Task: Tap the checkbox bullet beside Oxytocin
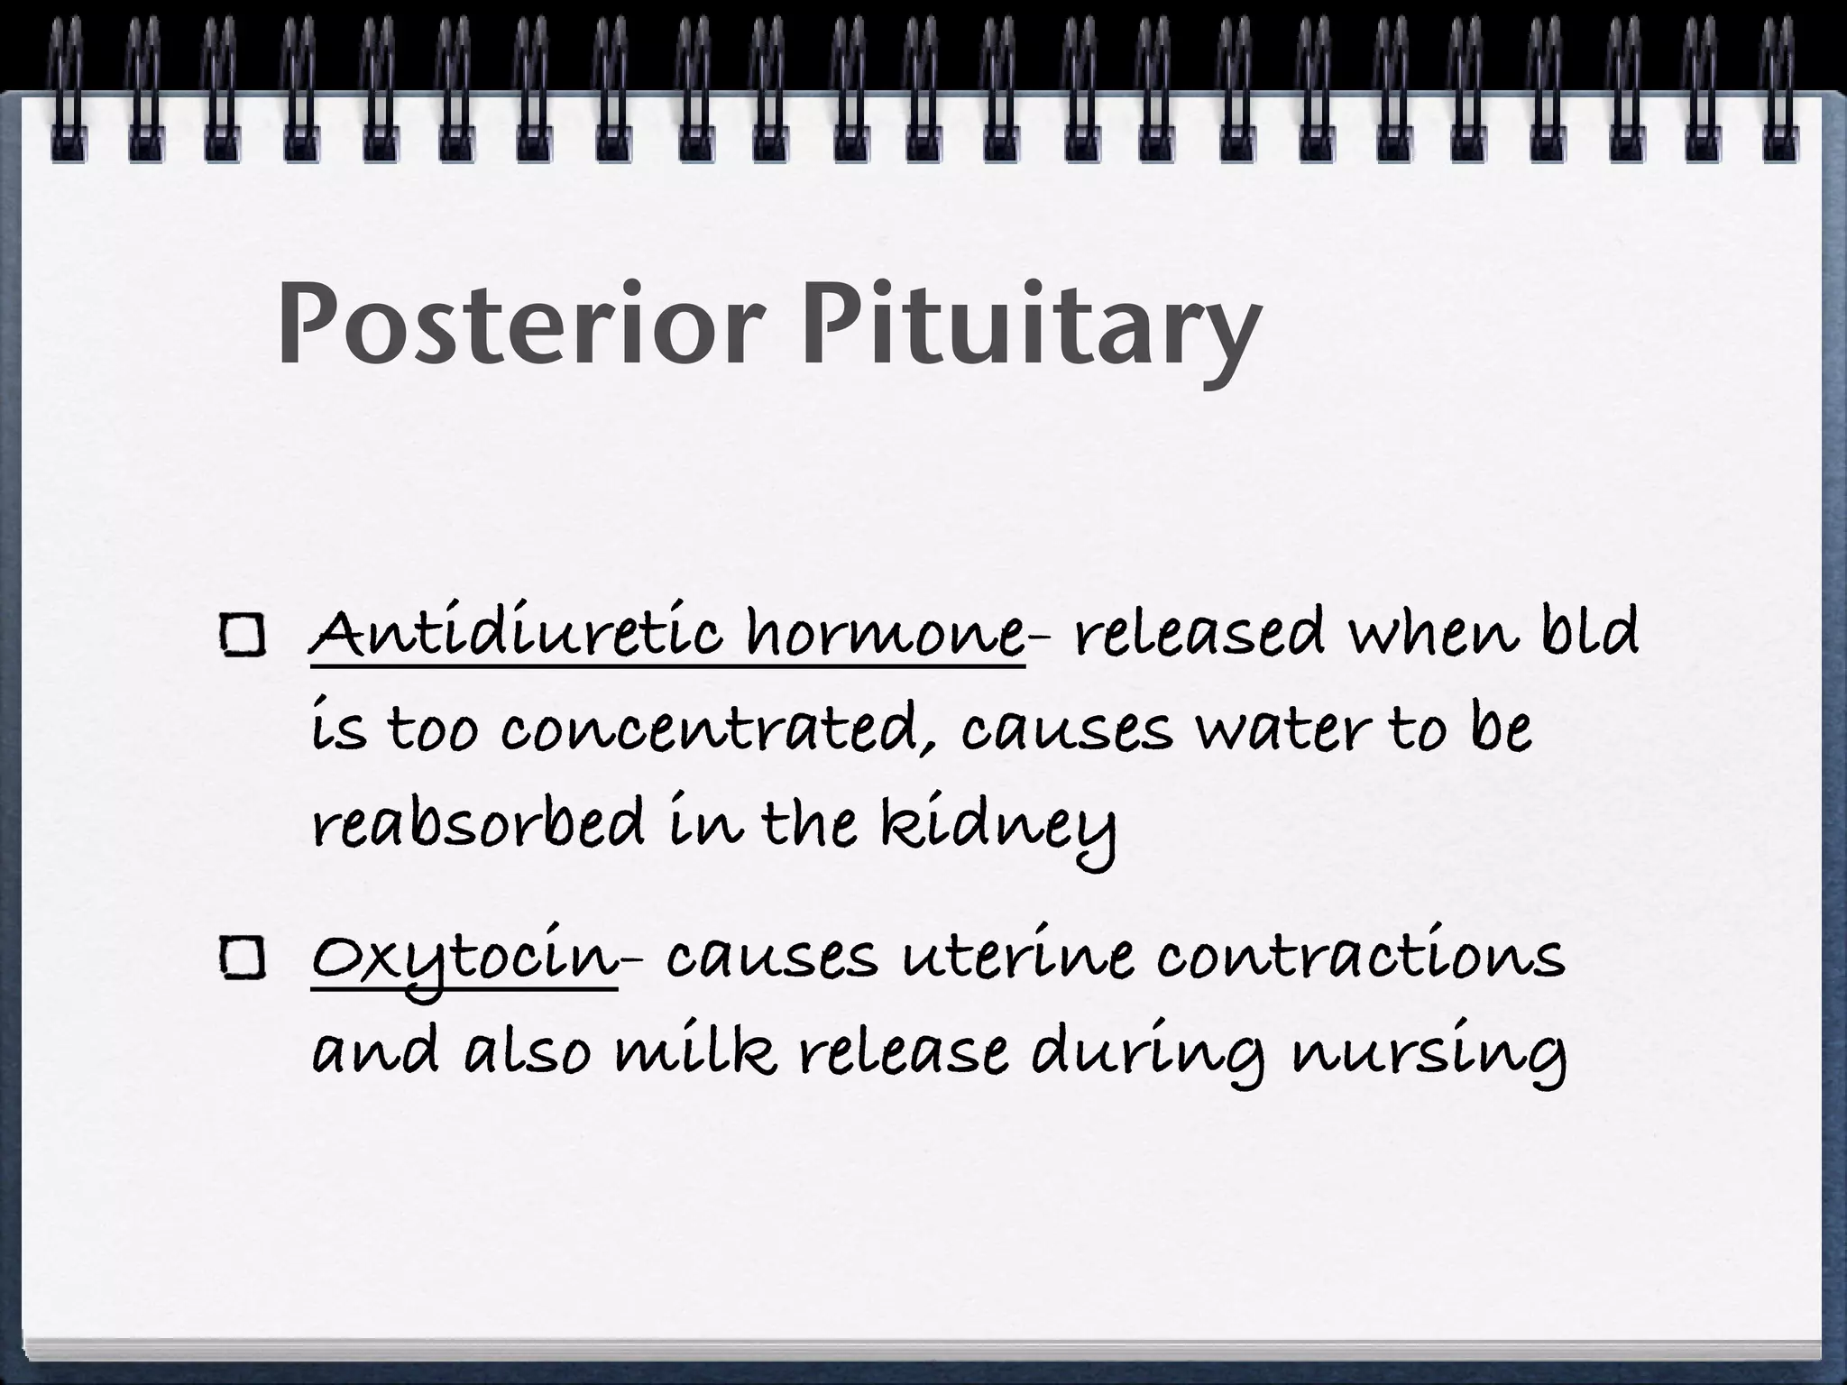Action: point(242,960)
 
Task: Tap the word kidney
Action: point(998,826)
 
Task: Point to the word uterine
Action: point(1018,958)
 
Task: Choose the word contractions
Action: point(1360,958)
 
